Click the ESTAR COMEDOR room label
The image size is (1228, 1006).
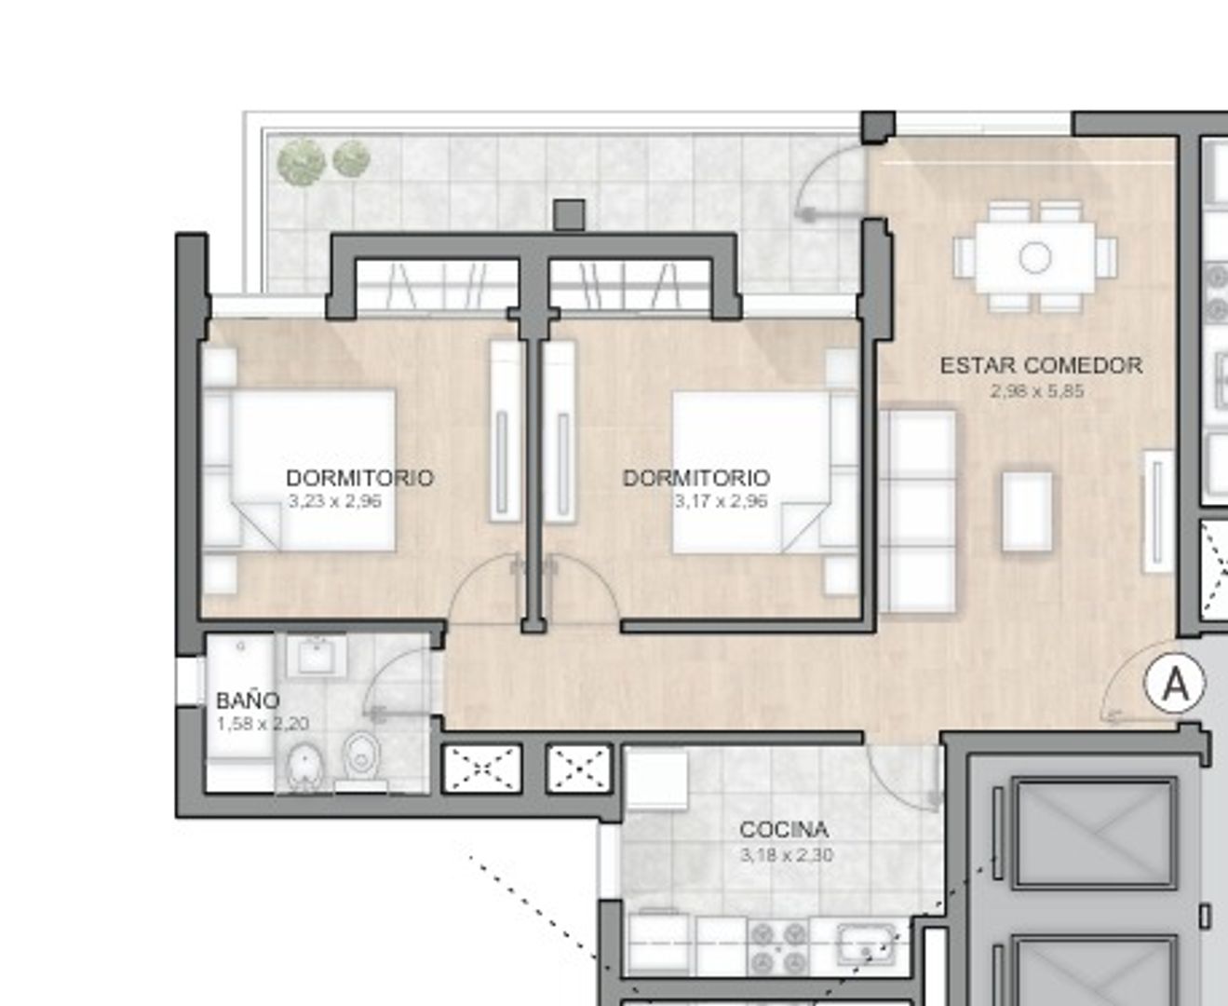[1041, 366]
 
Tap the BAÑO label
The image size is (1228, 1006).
[248, 700]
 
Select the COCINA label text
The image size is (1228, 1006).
[784, 830]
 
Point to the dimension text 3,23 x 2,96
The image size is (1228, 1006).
[335, 501]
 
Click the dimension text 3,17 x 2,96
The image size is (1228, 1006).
[721, 501]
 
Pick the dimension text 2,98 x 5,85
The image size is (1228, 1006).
[1037, 391]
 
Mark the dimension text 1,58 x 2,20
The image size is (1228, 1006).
[263, 724]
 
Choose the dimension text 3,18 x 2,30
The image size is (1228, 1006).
[787, 855]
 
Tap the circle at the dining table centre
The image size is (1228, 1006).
[1035, 257]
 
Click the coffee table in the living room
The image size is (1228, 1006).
[1027, 511]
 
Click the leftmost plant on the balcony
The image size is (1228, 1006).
[301, 161]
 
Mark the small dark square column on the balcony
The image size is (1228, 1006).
[569, 215]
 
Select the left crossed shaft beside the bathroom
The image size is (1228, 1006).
[481, 768]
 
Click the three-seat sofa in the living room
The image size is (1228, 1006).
[918, 510]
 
